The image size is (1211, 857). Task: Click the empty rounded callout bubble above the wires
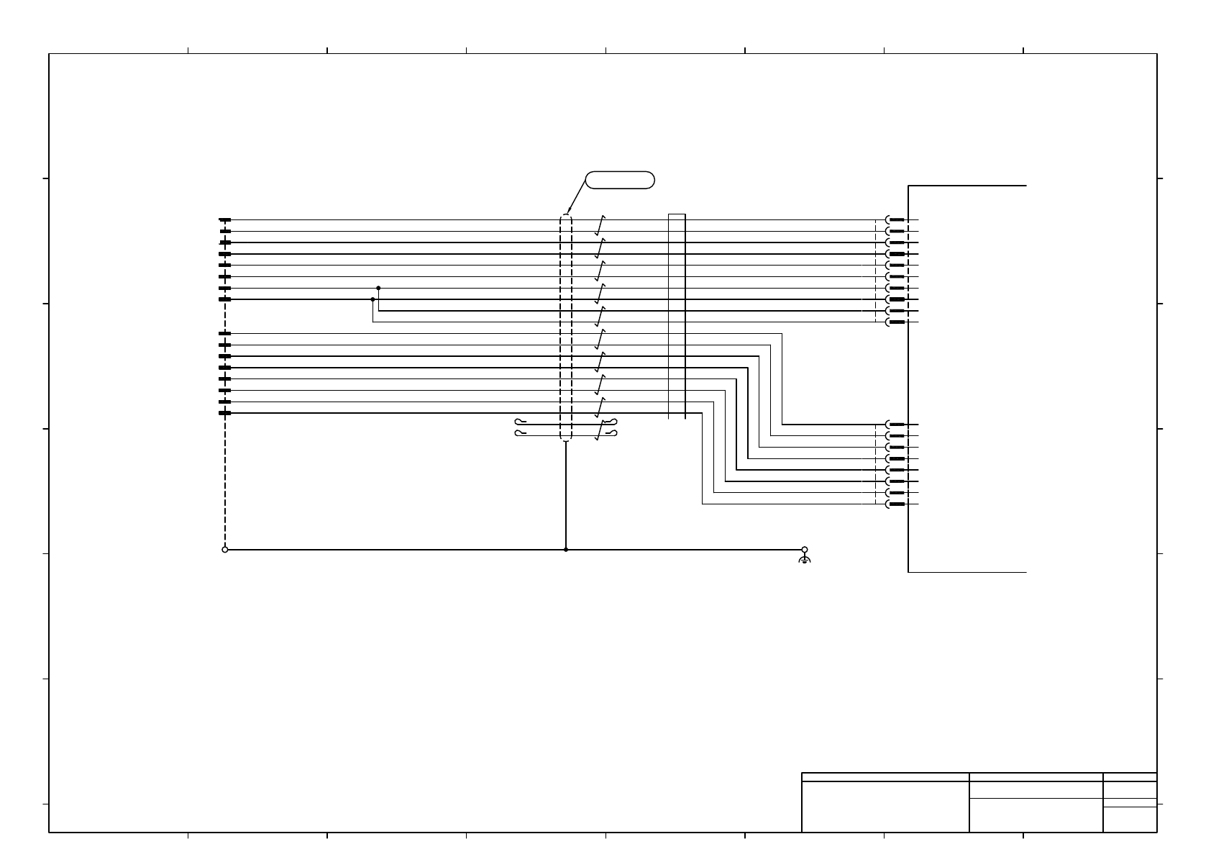(x=620, y=180)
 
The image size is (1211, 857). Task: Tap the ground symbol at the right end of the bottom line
(x=805, y=559)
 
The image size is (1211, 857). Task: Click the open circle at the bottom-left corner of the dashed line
(x=225, y=550)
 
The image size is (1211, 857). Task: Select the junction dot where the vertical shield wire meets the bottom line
(x=566, y=550)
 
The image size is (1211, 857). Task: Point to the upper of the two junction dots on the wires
(x=378, y=288)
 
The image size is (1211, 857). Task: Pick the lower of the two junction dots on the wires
(x=373, y=299)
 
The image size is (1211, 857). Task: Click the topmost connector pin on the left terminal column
(x=225, y=220)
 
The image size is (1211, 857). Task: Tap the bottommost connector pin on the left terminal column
(x=225, y=413)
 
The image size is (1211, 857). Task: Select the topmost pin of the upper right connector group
(x=896, y=220)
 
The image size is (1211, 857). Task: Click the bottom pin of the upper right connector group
(x=896, y=322)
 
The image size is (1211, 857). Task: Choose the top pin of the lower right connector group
(x=896, y=425)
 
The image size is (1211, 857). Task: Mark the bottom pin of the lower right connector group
(x=896, y=504)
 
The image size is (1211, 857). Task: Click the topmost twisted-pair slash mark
(x=599, y=225)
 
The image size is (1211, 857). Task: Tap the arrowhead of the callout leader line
(x=568, y=212)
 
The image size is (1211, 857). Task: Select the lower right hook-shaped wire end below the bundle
(x=611, y=432)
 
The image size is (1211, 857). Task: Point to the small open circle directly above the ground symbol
(x=805, y=550)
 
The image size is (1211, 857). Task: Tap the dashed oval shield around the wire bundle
(x=565, y=327)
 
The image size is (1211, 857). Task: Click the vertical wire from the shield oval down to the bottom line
(x=566, y=496)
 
